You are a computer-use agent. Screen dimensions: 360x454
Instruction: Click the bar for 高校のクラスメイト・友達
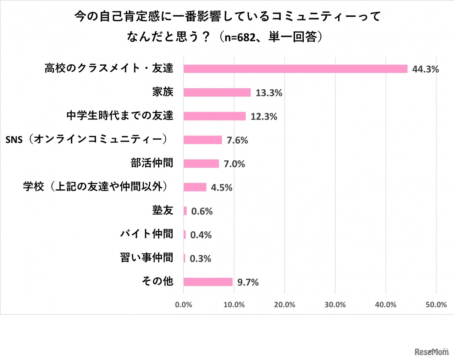coord(295,69)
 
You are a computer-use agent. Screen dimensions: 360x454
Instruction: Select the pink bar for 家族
coord(217,93)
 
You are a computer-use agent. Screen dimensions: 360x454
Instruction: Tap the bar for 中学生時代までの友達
coord(215,116)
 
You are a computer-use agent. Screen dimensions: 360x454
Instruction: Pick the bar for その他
coord(208,282)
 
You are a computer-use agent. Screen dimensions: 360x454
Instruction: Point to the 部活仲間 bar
coord(201,164)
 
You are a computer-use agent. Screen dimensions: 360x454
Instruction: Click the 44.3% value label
coord(425,69)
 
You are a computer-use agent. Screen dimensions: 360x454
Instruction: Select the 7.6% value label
coord(237,140)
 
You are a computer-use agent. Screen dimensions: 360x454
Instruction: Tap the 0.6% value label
coord(202,211)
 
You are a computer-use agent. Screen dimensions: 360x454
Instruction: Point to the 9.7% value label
coord(248,282)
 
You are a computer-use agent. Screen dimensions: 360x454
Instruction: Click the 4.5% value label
coord(222,188)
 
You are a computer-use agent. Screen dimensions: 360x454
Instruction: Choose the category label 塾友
coord(163,210)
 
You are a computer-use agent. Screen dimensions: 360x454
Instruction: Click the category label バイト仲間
coord(146,234)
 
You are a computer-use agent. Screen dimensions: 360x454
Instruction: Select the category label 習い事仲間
coord(146,257)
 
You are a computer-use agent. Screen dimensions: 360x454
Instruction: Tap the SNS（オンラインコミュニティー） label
coord(87,139)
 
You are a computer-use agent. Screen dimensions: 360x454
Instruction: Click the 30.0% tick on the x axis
coord(335,305)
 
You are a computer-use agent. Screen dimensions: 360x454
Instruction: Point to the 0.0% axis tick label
coord(183,305)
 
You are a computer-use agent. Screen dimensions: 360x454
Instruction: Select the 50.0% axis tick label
coord(436,305)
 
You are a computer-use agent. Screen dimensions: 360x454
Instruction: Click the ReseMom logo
coord(432,351)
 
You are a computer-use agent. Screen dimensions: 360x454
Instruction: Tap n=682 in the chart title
coord(240,37)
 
